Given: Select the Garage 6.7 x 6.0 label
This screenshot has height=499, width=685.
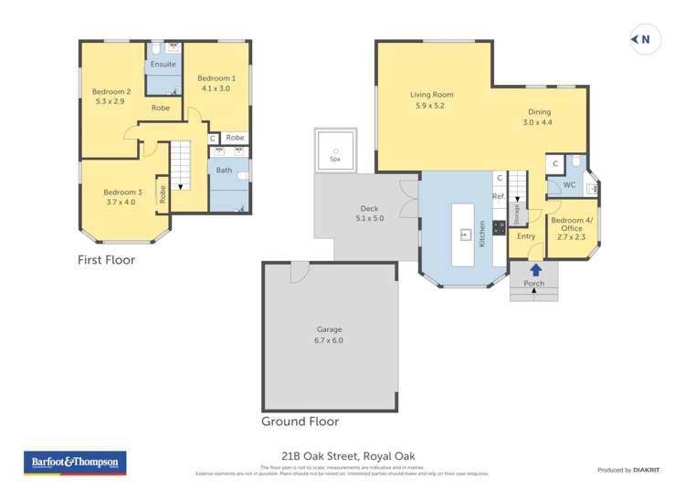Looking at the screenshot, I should click(x=330, y=335).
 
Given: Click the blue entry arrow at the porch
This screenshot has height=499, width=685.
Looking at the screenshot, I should click(x=535, y=269).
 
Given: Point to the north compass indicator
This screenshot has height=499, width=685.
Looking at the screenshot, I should click(x=642, y=38).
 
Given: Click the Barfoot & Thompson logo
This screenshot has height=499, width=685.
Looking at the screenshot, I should click(x=75, y=463).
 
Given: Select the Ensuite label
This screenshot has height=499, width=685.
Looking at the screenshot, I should click(x=163, y=65).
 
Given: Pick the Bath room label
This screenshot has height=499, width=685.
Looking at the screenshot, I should click(x=224, y=170).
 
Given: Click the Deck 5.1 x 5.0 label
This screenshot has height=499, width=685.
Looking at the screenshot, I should click(x=370, y=213).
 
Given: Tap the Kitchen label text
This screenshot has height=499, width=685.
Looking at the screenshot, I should click(x=482, y=234).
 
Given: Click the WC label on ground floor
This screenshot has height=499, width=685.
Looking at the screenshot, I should click(x=569, y=185).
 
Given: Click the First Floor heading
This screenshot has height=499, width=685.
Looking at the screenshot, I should click(x=106, y=260).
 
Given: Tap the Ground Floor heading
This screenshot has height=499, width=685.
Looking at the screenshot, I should click(x=300, y=421).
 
